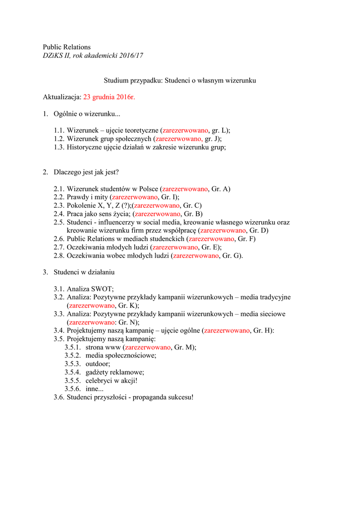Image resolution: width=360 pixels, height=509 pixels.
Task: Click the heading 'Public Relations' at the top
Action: click(x=67, y=47)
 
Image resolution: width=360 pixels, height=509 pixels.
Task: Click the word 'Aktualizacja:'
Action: click(x=58, y=97)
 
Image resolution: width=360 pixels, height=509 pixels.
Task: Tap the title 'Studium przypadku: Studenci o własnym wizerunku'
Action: click(x=180, y=80)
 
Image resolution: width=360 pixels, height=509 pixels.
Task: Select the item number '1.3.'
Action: click(x=59, y=148)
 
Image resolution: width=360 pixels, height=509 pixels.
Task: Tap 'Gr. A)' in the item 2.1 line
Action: click(x=221, y=189)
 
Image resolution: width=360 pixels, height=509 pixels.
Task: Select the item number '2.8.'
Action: click(x=59, y=256)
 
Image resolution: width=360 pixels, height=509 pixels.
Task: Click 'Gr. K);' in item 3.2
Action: click(x=129, y=306)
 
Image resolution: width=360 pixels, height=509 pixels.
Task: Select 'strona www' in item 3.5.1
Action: click(x=103, y=347)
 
